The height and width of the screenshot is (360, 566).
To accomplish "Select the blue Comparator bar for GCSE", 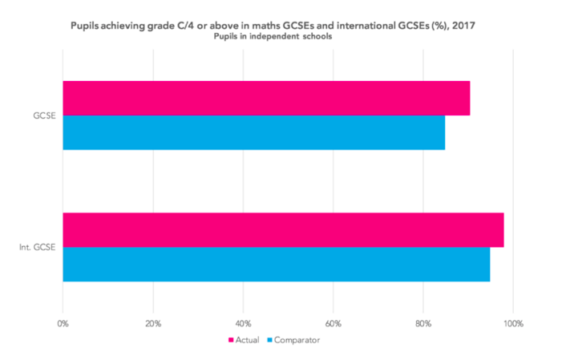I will click(x=253, y=132).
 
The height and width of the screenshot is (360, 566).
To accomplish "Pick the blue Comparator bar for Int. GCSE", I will click(x=276, y=265).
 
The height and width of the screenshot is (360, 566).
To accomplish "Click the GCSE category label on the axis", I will click(x=45, y=115).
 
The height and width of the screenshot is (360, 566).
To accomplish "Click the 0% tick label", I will click(x=63, y=324).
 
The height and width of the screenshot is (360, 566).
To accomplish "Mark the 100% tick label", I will click(x=513, y=324).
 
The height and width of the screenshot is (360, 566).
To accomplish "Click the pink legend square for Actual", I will click(x=232, y=341).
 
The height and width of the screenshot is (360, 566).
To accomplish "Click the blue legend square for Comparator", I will click(x=269, y=341).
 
